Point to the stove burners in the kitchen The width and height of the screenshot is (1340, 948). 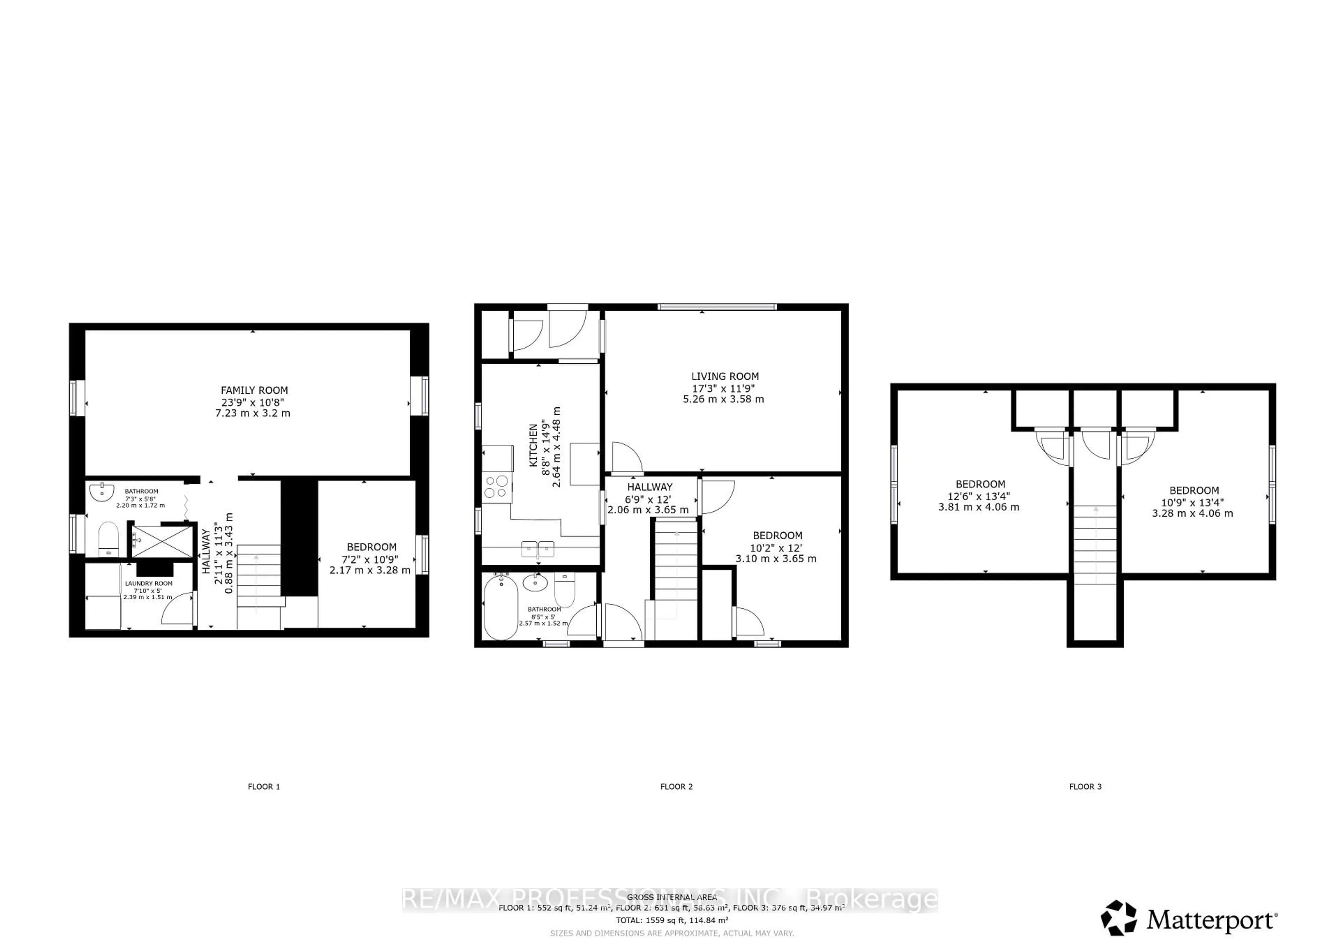click(497, 487)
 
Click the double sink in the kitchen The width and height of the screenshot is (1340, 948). click(537, 549)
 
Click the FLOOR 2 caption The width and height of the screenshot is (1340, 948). click(676, 786)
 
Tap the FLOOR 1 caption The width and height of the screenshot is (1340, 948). click(264, 786)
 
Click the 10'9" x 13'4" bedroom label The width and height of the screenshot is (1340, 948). click(1193, 502)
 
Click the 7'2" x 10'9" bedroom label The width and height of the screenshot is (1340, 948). click(371, 558)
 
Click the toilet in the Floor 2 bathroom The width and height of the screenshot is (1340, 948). click(564, 590)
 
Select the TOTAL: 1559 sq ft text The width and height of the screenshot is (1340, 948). click(672, 920)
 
